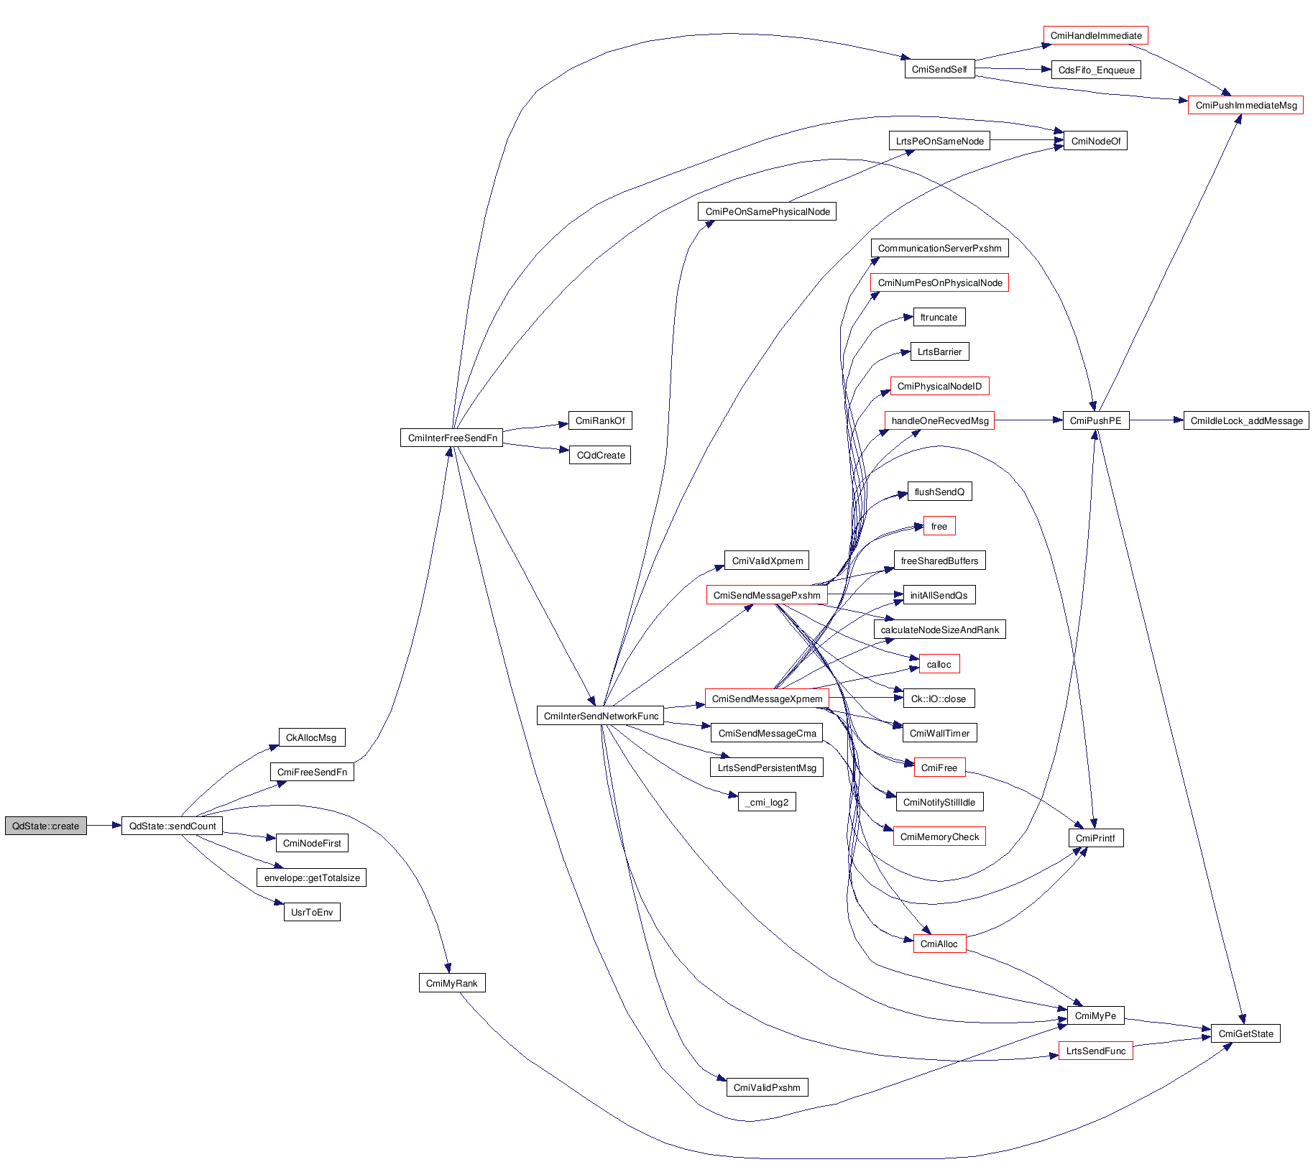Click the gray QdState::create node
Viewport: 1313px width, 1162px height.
[46, 826]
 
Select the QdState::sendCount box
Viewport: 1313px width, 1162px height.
[172, 826]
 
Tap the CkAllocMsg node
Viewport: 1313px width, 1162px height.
[311, 737]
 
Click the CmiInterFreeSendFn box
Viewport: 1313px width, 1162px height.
[452, 438]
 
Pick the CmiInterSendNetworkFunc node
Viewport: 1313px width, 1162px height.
[601, 716]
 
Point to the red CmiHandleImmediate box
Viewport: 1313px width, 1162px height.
[1095, 35]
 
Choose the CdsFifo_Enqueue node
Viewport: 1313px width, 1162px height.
[1096, 70]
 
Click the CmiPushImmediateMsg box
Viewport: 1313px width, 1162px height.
[1245, 105]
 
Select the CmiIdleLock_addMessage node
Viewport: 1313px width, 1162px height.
[1246, 420]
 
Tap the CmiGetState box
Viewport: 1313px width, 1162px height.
[1245, 1033]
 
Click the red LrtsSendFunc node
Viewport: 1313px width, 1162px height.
[1095, 1051]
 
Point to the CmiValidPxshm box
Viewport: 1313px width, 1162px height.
[767, 1087]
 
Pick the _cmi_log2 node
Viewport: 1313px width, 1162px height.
[767, 802]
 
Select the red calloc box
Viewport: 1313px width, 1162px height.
[939, 664]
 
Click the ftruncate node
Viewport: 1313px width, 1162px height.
[939, 317]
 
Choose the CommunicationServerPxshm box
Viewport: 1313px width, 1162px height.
[939, 248]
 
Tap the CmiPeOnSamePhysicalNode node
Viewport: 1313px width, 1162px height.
[767, 211]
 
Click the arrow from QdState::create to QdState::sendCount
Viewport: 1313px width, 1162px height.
[104, 826]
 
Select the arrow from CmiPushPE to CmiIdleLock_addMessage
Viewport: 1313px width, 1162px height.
[1156, 420]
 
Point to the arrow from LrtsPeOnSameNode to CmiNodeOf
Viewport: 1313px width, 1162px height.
[1026, 140]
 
